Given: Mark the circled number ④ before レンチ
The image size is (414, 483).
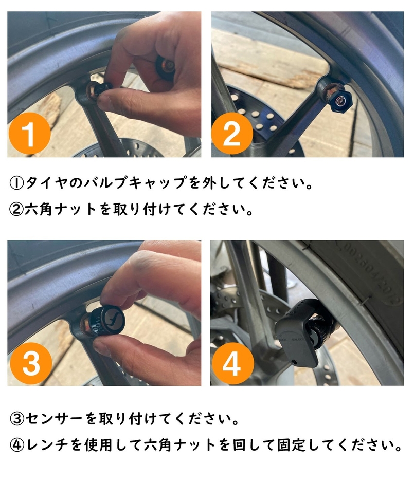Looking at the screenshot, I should (16, 444).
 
